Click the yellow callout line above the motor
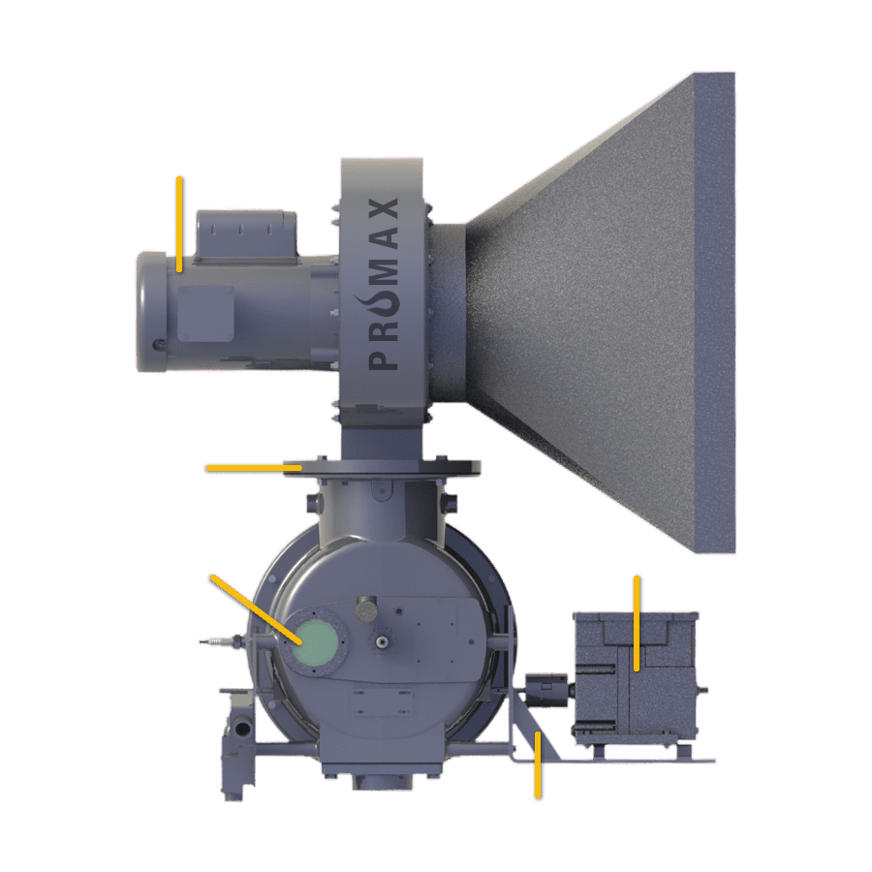pyautogui.click(x=179, y=223)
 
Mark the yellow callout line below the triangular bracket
pyautogui.click(x=537, y=764)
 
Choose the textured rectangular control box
pyautogui.click(x=636, y=678)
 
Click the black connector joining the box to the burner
pyautogui.click(x=548, y=689)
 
